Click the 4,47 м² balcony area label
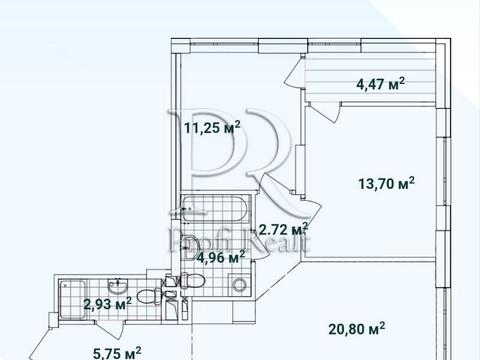381,84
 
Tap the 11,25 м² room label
212,127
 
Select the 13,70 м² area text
386,183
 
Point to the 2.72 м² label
283,229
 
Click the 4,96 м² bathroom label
221,257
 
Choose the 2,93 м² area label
108,304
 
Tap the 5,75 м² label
117,353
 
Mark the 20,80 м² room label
357,329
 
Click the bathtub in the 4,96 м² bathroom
216,209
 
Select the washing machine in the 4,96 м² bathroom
239,284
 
